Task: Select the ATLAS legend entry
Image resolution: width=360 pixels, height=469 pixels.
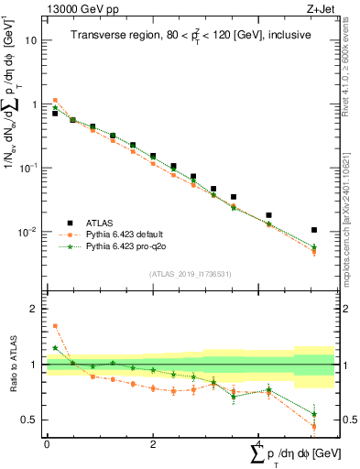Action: pyautogui.click(x=100, y=223)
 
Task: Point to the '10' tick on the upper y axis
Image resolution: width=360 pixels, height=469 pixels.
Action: pyautogui.click(x=31, y=41)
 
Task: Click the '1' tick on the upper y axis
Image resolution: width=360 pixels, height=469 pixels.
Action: pyautogui.click(x=34, y=104)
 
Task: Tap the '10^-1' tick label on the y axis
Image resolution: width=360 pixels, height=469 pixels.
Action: pyautogui.click(x=27, y=168)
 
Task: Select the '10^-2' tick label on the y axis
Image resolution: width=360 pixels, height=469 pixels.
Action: pyautogui.click(x=27, y=232)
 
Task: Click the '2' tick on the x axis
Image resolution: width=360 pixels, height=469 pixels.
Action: pyautogui.click(x=153, y=442)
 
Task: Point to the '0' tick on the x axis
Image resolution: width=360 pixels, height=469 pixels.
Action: pyautogui.click(x=47, y=442)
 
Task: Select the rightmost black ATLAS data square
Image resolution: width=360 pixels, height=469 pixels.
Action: pyautogui.click(x=314, y=230)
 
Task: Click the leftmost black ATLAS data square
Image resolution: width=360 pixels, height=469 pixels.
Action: pyautogui.click(x=55, y=114)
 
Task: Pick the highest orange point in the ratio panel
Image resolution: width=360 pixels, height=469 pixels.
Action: pyautogui.click(x=55, y=325)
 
